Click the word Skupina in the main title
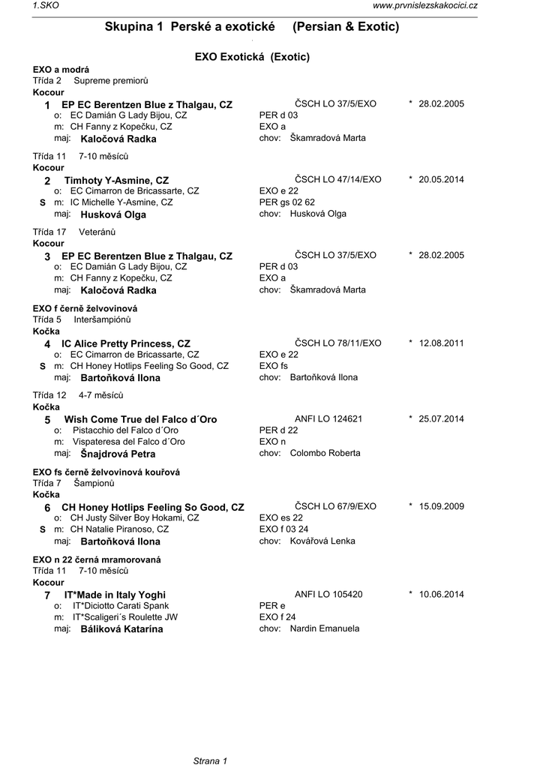coord(130,27)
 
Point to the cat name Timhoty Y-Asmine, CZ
coord(116,181)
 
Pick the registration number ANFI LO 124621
coord(328,418)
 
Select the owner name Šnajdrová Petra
coord(118,454)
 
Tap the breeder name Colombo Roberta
coord(325,453)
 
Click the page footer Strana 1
coord(211,761)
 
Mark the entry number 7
coord(47,595)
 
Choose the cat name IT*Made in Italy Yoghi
coord(115,595)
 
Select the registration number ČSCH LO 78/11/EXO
coord(337,343)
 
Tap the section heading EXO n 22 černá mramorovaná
coord(97,559)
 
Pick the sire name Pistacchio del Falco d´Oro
coord(125,430)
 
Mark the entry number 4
coord(47,343)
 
